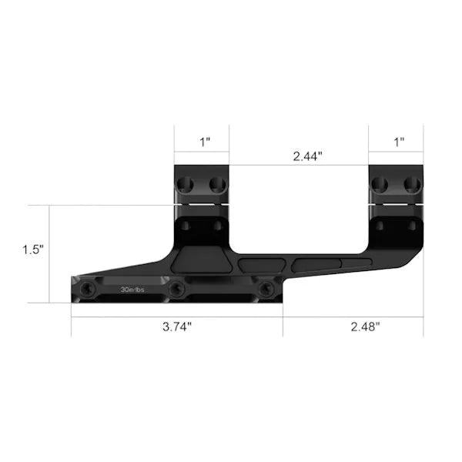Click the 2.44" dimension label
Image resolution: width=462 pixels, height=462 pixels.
307,156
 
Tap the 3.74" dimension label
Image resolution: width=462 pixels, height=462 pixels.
177,326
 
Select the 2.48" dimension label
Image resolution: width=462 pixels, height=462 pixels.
365,326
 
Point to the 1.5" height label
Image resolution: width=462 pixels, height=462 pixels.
33,249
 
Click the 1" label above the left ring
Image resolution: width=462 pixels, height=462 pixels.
205,142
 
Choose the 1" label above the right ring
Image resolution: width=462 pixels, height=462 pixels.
399,142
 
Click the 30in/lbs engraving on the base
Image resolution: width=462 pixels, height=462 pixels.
132,290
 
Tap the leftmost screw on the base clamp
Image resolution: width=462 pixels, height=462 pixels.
87,289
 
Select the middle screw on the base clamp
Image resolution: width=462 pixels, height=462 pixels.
177,289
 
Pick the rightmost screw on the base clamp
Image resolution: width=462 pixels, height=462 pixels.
266,289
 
